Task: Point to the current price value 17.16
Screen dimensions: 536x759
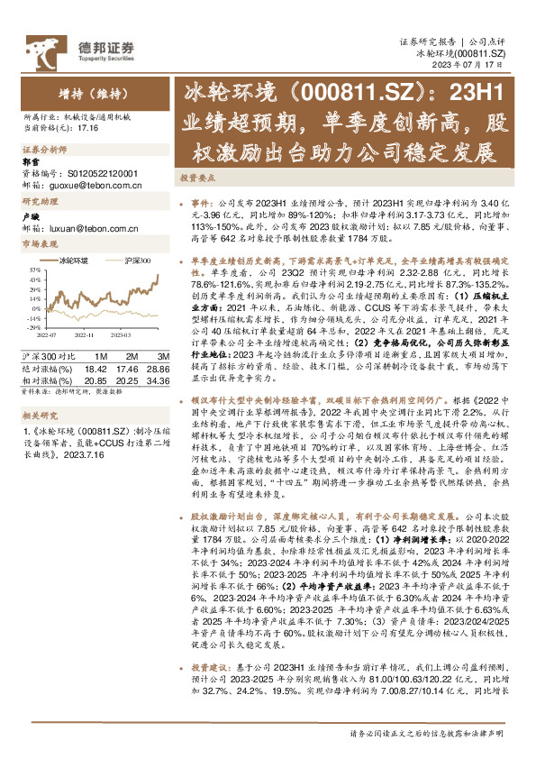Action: tap(87, 129)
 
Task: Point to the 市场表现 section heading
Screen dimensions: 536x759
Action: tap(40, 243)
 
